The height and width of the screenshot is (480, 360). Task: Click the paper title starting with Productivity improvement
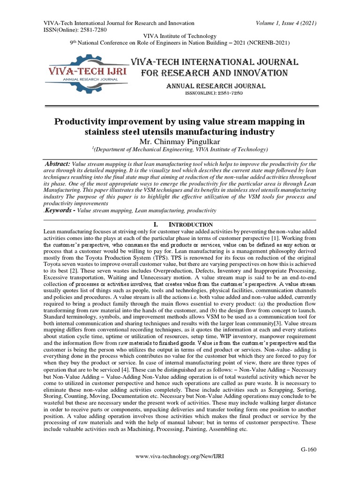(x=180, y=127)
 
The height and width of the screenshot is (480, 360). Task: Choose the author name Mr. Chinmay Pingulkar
(x=180, y=141)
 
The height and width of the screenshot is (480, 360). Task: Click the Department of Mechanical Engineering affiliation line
(x=180, y=150)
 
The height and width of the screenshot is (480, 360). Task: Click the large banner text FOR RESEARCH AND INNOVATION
(x=215, y=73)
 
